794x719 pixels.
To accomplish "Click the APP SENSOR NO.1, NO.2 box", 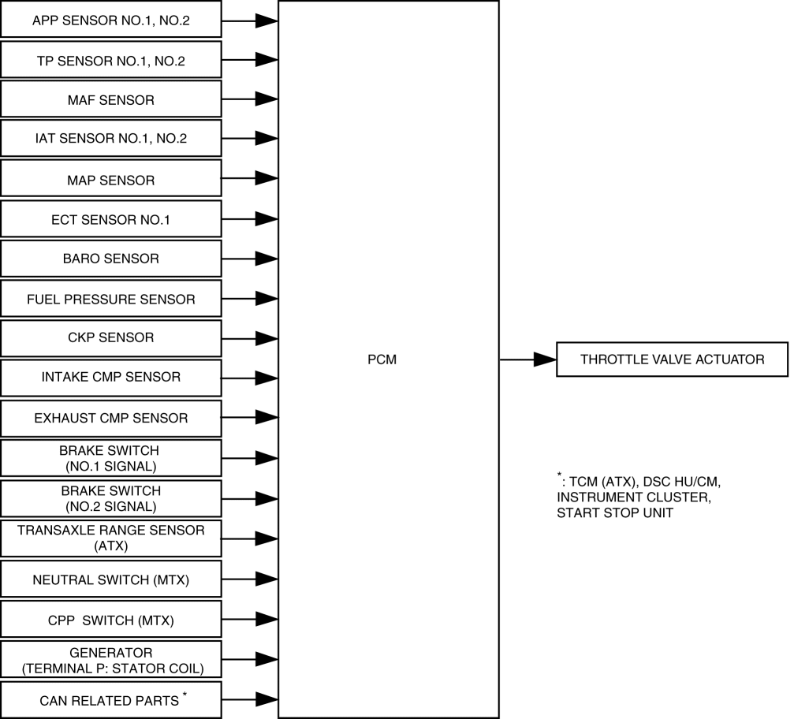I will tap(110, 20).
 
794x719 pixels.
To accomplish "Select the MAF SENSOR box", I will tap(110, 99).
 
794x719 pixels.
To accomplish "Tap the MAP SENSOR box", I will tap(110, 180).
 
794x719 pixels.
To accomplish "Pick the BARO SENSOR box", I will tap(110, 259).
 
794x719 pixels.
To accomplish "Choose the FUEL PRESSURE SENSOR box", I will tap(110, 299).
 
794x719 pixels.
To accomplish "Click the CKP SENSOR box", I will tap(110, 338).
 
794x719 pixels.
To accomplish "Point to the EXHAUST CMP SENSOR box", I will tap(110, 418).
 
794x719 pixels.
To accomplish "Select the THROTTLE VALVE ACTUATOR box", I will tap(672, 359).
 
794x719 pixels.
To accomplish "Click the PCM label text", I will tap(382, 359).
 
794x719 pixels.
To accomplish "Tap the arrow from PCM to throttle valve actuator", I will tap(528, 359).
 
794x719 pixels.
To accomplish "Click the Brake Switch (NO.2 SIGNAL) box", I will tap(110, 498).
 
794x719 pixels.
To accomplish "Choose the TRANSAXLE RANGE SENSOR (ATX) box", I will tap(110, 538).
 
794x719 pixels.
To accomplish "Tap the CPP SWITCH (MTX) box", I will tap(110, 620).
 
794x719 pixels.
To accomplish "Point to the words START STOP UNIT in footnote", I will tap(614, 512).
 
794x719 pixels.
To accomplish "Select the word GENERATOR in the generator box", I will tap(110, 653).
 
